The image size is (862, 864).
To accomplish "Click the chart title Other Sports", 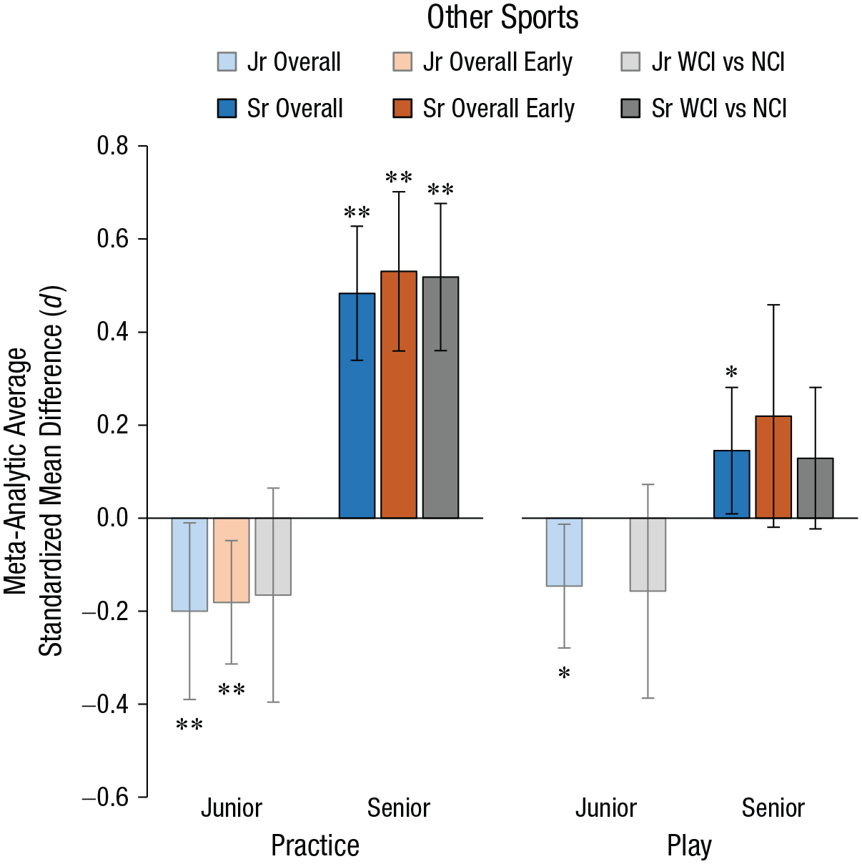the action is click(502, 19).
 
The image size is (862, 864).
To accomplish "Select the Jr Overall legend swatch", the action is click(227, 62).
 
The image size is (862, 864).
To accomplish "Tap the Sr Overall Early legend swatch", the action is click(402, 108).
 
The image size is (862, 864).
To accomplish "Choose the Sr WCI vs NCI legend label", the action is click(718, 109).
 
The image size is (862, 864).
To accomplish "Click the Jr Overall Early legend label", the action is click(497, 62).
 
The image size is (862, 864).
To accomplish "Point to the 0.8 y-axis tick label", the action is click(112, 146).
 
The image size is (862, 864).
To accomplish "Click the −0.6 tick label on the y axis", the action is click(105, 797).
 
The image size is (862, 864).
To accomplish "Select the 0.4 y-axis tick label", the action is click(112, 333).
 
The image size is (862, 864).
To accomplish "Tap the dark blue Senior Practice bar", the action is click(357, 406).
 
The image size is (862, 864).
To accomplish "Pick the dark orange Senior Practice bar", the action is click(399, 395).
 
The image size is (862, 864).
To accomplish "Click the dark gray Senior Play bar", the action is click(815, 488).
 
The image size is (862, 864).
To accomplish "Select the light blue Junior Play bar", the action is click(564, 552).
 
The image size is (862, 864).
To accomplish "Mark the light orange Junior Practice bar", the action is click(232, 561).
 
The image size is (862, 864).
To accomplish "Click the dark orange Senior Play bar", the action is click(773, 467).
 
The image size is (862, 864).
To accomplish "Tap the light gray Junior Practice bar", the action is click(273, 557).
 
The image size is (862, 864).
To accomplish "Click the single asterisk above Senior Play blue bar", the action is click(732, 372).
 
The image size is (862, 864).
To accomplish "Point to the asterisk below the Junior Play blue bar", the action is click(564, 673).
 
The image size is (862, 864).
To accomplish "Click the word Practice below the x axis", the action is click(315, 845).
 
